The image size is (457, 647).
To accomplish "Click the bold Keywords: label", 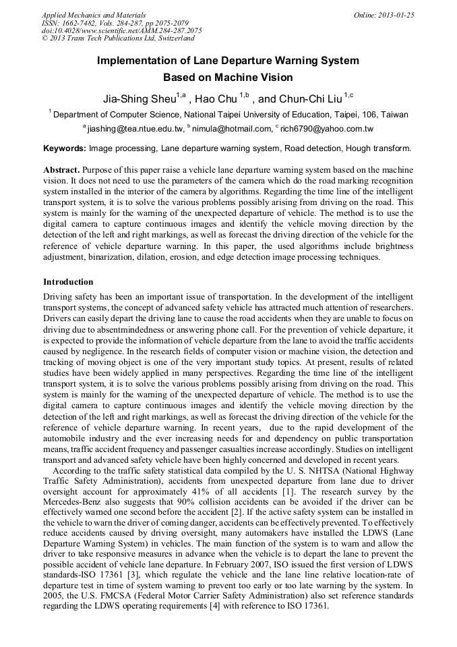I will [65, 148].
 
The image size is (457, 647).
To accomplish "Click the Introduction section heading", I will [68, 281].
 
